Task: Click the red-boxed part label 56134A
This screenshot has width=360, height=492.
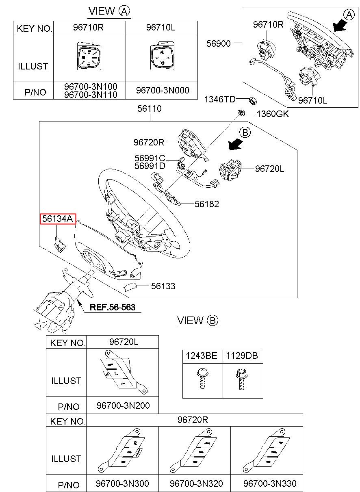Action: [57, 219]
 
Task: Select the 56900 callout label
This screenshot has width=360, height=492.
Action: [218, 43]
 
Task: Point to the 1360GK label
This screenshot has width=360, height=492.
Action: [272, 114]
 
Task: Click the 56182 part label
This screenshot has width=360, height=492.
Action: [206, 204]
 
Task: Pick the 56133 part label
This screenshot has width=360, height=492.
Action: [163, 286]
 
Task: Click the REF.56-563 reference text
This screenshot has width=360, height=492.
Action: [112, 307]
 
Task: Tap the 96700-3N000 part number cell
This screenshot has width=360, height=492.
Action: [162, 91]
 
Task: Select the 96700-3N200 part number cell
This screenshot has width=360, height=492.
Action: [123, 405]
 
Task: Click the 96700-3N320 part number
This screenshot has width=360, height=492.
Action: [196, 483]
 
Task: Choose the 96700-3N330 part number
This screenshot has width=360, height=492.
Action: [270, 483]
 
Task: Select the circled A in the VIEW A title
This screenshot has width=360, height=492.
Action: [124, 11]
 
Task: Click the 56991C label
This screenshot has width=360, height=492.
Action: [150, 158]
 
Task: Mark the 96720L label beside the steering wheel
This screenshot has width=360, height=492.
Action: [269, 169]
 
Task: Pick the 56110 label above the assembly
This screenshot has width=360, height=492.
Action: [149, 109]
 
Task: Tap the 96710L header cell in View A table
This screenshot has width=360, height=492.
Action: [162, 28]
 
